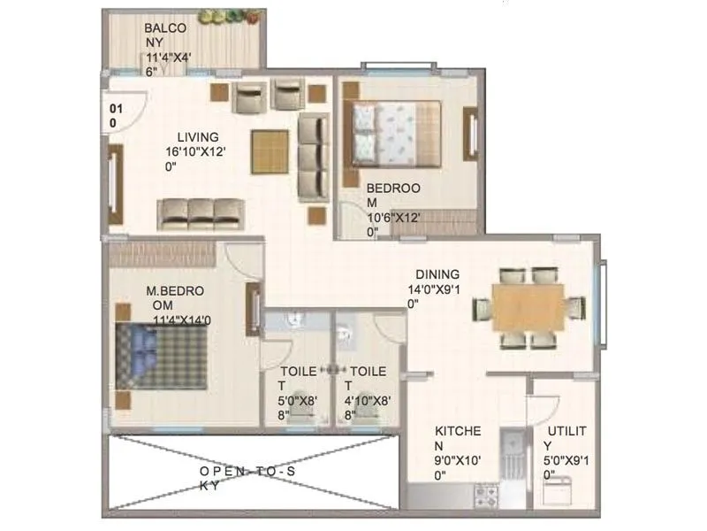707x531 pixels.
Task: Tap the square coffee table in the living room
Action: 270,151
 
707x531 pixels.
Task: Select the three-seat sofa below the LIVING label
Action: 201,213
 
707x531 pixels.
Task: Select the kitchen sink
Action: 511,450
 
